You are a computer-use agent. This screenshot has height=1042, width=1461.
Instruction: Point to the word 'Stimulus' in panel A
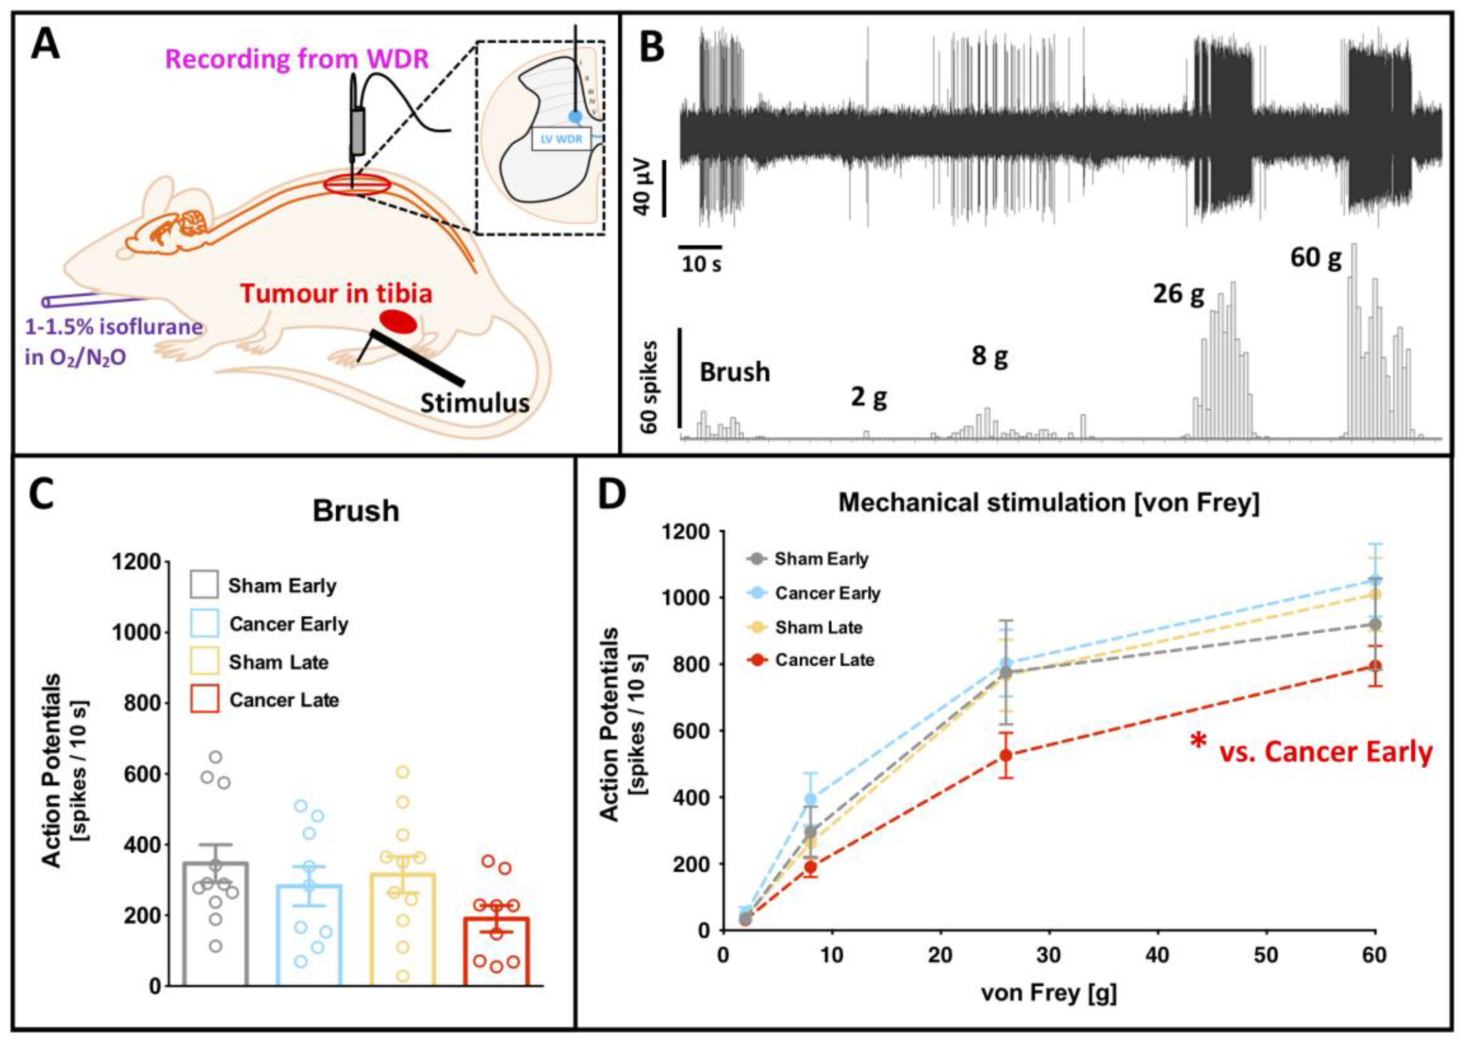click(x=475, y=402)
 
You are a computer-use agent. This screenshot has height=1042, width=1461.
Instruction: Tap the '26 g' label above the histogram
click(x=1179, y=294)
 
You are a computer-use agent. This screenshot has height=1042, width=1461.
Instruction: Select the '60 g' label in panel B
click(x=1315, y=257)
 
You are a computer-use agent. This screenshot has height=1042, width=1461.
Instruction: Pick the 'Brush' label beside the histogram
click(x=735, y=372)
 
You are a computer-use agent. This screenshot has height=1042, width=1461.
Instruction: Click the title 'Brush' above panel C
click(x=356, y=511)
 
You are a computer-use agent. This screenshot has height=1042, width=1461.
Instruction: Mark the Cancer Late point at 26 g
click(x=1007, y=755)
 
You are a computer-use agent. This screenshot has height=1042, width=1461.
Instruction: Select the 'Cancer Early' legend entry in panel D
click(x=827, y=593)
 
